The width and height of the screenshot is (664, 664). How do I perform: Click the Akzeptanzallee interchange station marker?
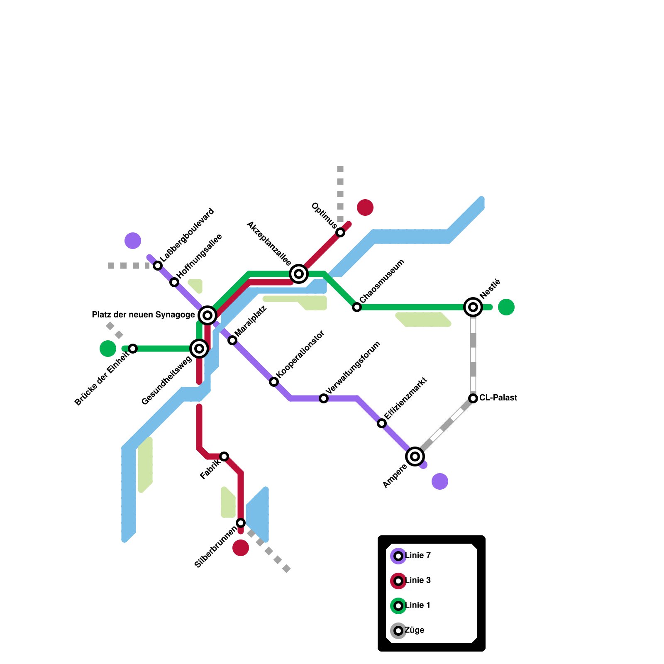[x=299, y=274]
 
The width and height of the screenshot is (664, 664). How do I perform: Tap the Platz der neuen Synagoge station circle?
[x=207, y=315]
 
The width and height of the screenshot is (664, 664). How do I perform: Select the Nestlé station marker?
[x=473, y=307]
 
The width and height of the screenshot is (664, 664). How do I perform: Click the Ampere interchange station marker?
[x=415, y=456]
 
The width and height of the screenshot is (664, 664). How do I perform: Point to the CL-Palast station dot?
[x=473, y=398]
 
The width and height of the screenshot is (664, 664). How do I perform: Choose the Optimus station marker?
[x=340, y=232]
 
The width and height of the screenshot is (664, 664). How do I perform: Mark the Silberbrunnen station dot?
[x=241, y=523]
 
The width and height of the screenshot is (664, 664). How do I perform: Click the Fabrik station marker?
[x=224, y=456]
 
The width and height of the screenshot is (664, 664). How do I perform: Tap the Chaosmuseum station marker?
[x=357, y=307]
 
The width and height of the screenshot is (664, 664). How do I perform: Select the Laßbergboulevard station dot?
[x=158, y=266]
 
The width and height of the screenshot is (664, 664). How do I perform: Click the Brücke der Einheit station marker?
[x=133, y=349]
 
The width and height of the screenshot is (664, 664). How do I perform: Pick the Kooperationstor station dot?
[x=274, y=382]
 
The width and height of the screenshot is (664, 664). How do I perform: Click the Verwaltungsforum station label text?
[x=353, y=367]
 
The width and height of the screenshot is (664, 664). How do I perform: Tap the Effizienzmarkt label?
[x=405, y=398]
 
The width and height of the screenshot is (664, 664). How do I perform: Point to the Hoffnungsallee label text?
[x=200, y=256]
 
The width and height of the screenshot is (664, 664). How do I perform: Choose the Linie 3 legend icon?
[x=398, y=581]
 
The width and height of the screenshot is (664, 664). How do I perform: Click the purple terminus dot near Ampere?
[x=440, y=481]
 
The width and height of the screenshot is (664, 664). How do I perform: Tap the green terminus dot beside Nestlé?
[x=506, y=307]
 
